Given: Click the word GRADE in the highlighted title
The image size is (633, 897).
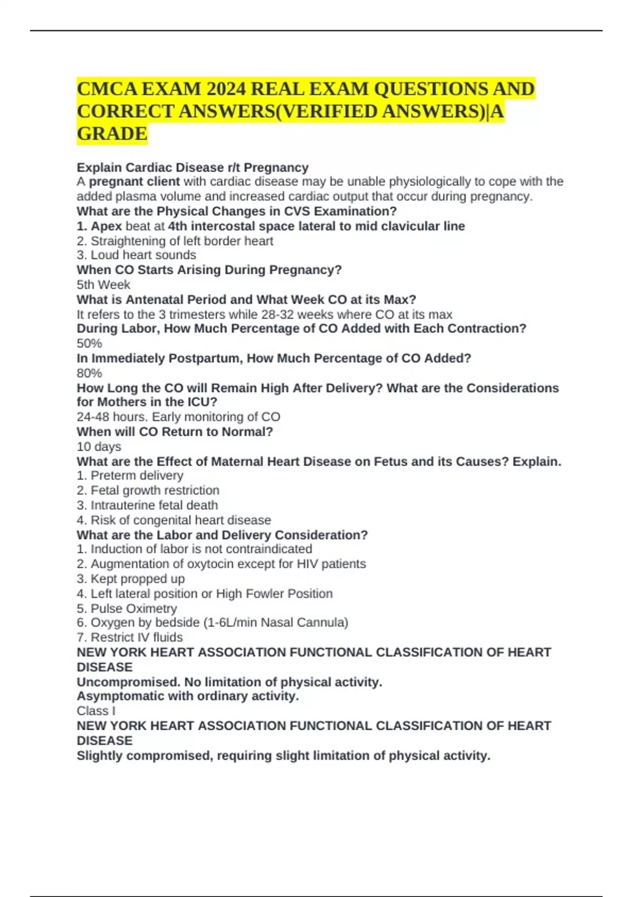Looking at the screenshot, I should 112,134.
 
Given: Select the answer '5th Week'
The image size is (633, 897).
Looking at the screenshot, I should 103,285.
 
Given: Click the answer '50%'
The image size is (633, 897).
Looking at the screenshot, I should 89,343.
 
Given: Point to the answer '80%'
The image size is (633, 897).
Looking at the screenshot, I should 89,373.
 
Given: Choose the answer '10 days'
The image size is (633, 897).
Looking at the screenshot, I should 99,446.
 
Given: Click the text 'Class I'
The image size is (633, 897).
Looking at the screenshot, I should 96,711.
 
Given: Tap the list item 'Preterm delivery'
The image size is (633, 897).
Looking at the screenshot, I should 137,475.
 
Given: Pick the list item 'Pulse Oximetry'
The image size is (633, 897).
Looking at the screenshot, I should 133,608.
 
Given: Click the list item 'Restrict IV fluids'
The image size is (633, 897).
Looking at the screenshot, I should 137,637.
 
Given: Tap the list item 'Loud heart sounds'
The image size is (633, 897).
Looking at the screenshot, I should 143,255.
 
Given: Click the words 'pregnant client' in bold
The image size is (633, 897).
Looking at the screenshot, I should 134,182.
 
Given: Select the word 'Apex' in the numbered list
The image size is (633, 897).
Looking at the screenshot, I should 107,226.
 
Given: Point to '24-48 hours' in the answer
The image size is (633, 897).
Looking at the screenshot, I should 112,417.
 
